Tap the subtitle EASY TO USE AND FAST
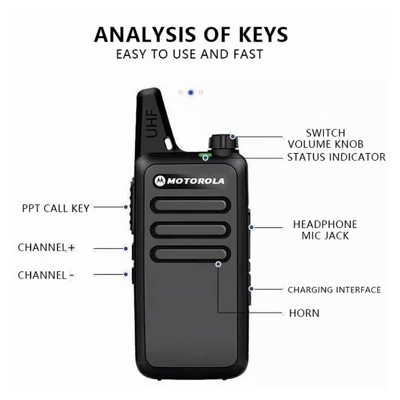tap(189, 54)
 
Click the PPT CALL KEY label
tap(55, 208)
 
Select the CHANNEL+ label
tap(46, 247)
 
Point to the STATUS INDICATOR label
tap(336, 157)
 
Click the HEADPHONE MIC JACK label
tap(325, 229)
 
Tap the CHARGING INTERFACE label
tap(334, 289)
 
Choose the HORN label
tap(304, 313)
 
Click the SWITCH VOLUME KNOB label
tap(325, 138)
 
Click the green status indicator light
tap(204, 157)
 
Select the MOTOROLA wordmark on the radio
tap(195, 181)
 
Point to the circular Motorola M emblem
tap(159, 181)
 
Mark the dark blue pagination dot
tap(190, 92)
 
